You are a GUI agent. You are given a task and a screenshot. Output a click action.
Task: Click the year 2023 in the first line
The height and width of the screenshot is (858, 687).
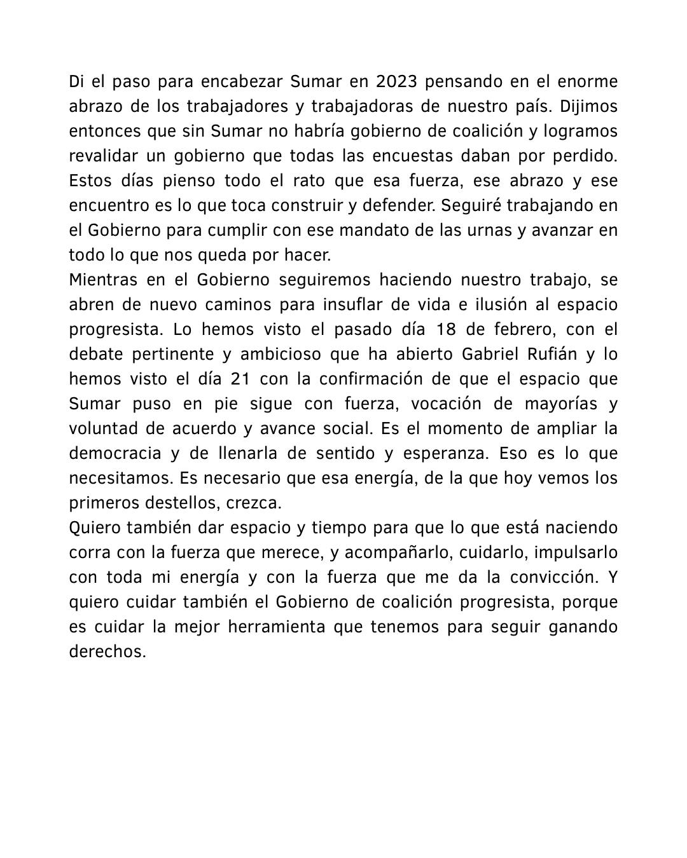(397, 82)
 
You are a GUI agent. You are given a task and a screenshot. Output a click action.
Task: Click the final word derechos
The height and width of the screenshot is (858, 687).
(108, 652)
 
